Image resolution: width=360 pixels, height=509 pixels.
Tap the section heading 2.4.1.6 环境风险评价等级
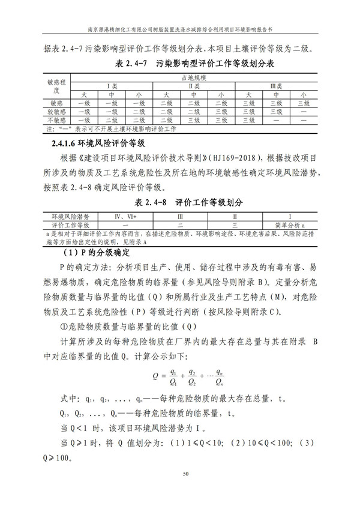(96, 143)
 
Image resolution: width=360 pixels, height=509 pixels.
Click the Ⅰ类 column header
(112, 86)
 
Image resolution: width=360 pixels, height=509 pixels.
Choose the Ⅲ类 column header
(275, 86)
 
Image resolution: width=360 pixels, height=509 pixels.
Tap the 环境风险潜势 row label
(71, 215)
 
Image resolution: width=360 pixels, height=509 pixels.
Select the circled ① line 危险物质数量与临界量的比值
(128, 327)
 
